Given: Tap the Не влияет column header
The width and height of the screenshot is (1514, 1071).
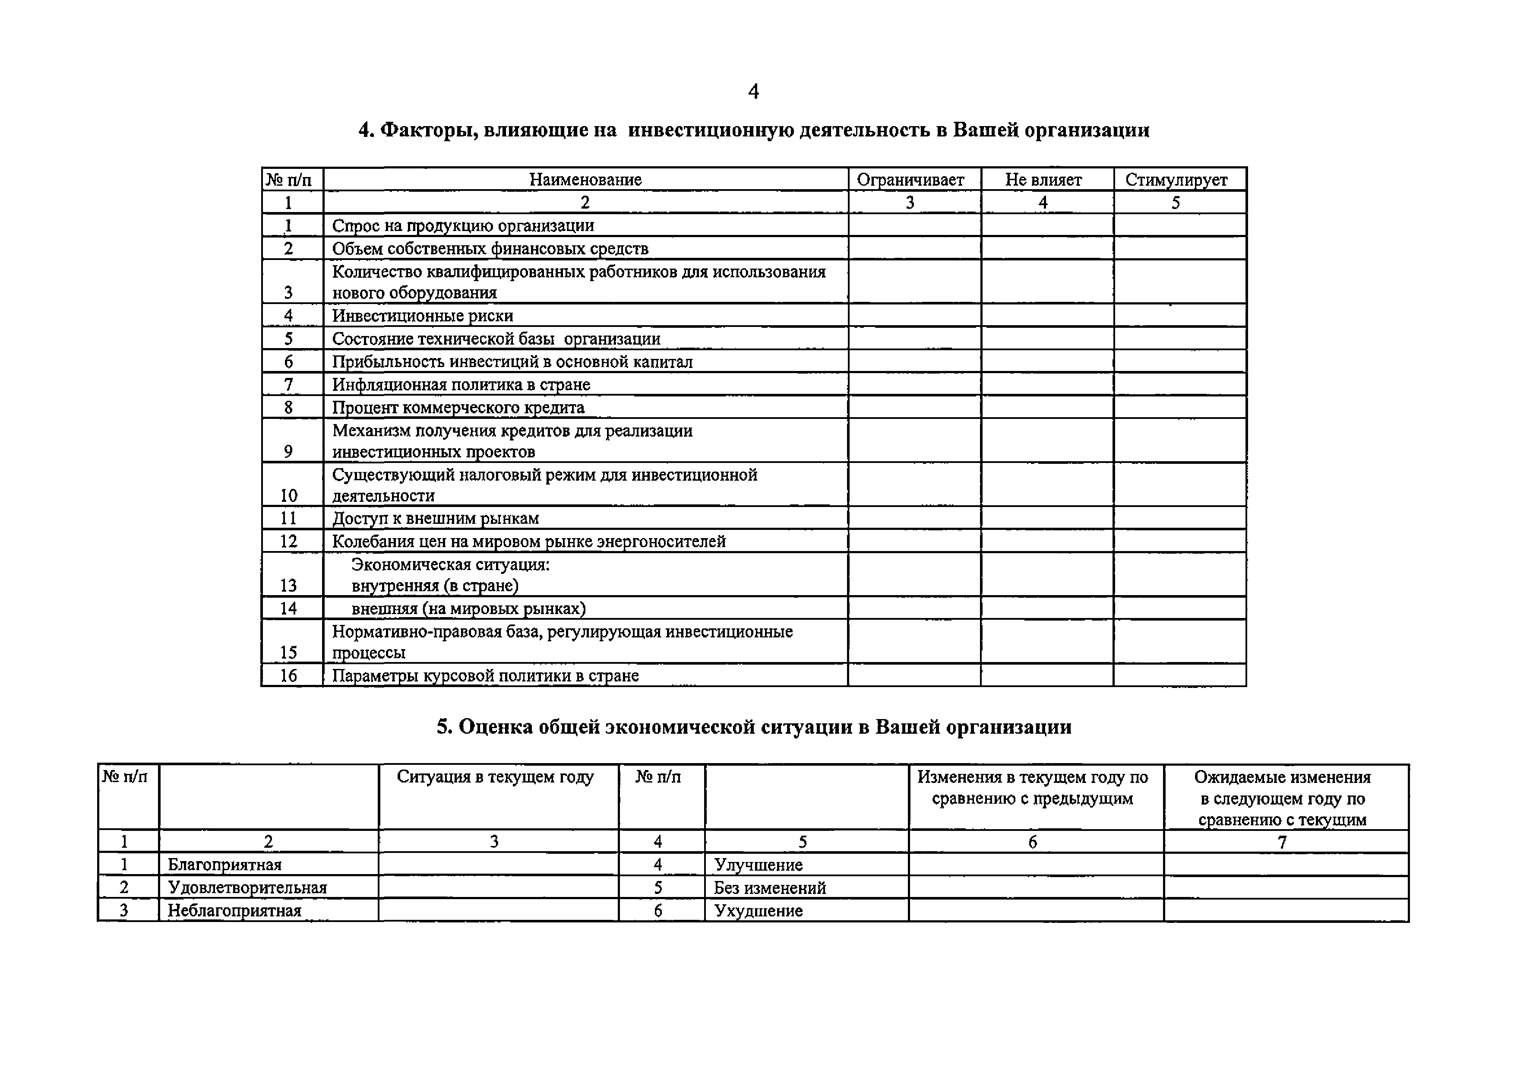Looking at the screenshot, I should coord(1043,179).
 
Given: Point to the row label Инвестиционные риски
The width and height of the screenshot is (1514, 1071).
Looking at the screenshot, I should coord(422,315).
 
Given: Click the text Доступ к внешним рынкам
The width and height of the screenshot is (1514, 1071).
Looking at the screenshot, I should coord(435,518).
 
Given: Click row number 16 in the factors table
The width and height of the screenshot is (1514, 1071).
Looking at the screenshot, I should coord(288,675).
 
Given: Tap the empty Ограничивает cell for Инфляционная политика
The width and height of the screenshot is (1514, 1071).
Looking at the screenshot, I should coord(914,384).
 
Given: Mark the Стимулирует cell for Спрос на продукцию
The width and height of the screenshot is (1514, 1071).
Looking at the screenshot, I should coord(1180,225).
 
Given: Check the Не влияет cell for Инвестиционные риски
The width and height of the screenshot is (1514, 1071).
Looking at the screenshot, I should coord(1046,315).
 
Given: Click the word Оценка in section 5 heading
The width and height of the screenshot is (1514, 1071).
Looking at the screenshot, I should coord(495,727).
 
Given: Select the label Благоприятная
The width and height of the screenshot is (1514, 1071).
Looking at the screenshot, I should coord(224,865).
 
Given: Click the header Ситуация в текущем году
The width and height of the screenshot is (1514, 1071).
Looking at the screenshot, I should coord(495,777).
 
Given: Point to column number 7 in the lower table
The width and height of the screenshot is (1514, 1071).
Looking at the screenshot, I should coord(1282,842).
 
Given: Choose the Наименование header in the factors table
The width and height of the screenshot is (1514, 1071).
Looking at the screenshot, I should coord(585,179).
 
